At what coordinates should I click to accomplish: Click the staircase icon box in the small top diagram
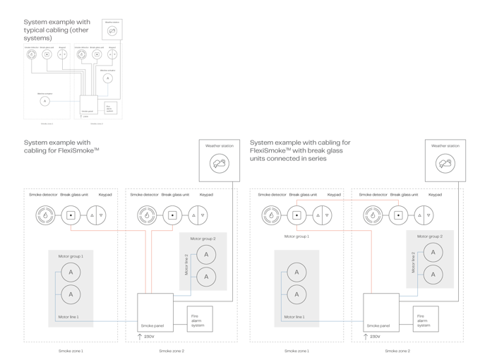[x=111, y=108]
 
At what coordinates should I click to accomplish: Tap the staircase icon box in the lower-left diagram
[x=198, y=320]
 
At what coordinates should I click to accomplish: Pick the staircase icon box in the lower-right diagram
[x=424, y=320]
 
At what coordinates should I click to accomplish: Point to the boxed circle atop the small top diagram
[x=112, y=30]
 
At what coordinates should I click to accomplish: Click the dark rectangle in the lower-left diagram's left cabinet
[x=71, y=287]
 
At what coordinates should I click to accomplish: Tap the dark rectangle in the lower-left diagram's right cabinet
[x=203, y=261]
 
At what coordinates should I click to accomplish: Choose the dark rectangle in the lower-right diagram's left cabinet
[x=296, y=287]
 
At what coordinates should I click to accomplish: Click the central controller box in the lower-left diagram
[x=155, y=311]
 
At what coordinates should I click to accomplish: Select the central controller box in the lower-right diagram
[x=381, y=311]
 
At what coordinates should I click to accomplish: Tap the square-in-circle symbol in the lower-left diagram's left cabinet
[x=71, y=214]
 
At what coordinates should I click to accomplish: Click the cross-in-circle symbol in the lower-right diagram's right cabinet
[x=424, y=214]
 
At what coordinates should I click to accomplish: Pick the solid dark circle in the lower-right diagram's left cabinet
[x=272, y=214]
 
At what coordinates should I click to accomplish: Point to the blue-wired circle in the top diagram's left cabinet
[x=45, y=101]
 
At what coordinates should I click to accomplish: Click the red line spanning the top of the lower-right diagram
[x=346, y=200]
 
